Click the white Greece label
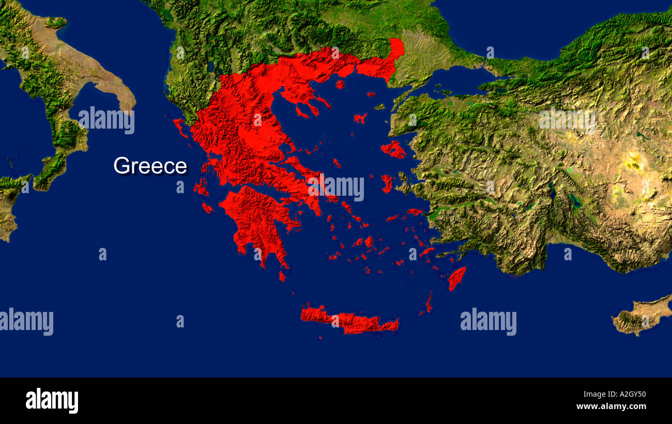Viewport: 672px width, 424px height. click(150, 166)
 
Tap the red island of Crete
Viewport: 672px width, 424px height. click(349, 321)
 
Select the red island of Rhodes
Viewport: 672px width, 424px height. click(456, 278)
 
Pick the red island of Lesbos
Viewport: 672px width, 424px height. click(393, 149)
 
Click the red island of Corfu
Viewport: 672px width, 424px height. click(180, 127)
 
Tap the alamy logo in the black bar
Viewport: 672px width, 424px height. click(52, 401)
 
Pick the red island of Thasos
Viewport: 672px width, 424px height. click(340, 84)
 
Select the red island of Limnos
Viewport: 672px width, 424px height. click(360, 118)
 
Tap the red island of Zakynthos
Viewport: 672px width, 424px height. click(207, 208)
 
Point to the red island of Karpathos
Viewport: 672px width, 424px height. click(429, 302)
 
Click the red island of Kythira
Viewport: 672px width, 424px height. click(282, 276)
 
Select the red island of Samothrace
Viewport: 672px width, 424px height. click(371, 95)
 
